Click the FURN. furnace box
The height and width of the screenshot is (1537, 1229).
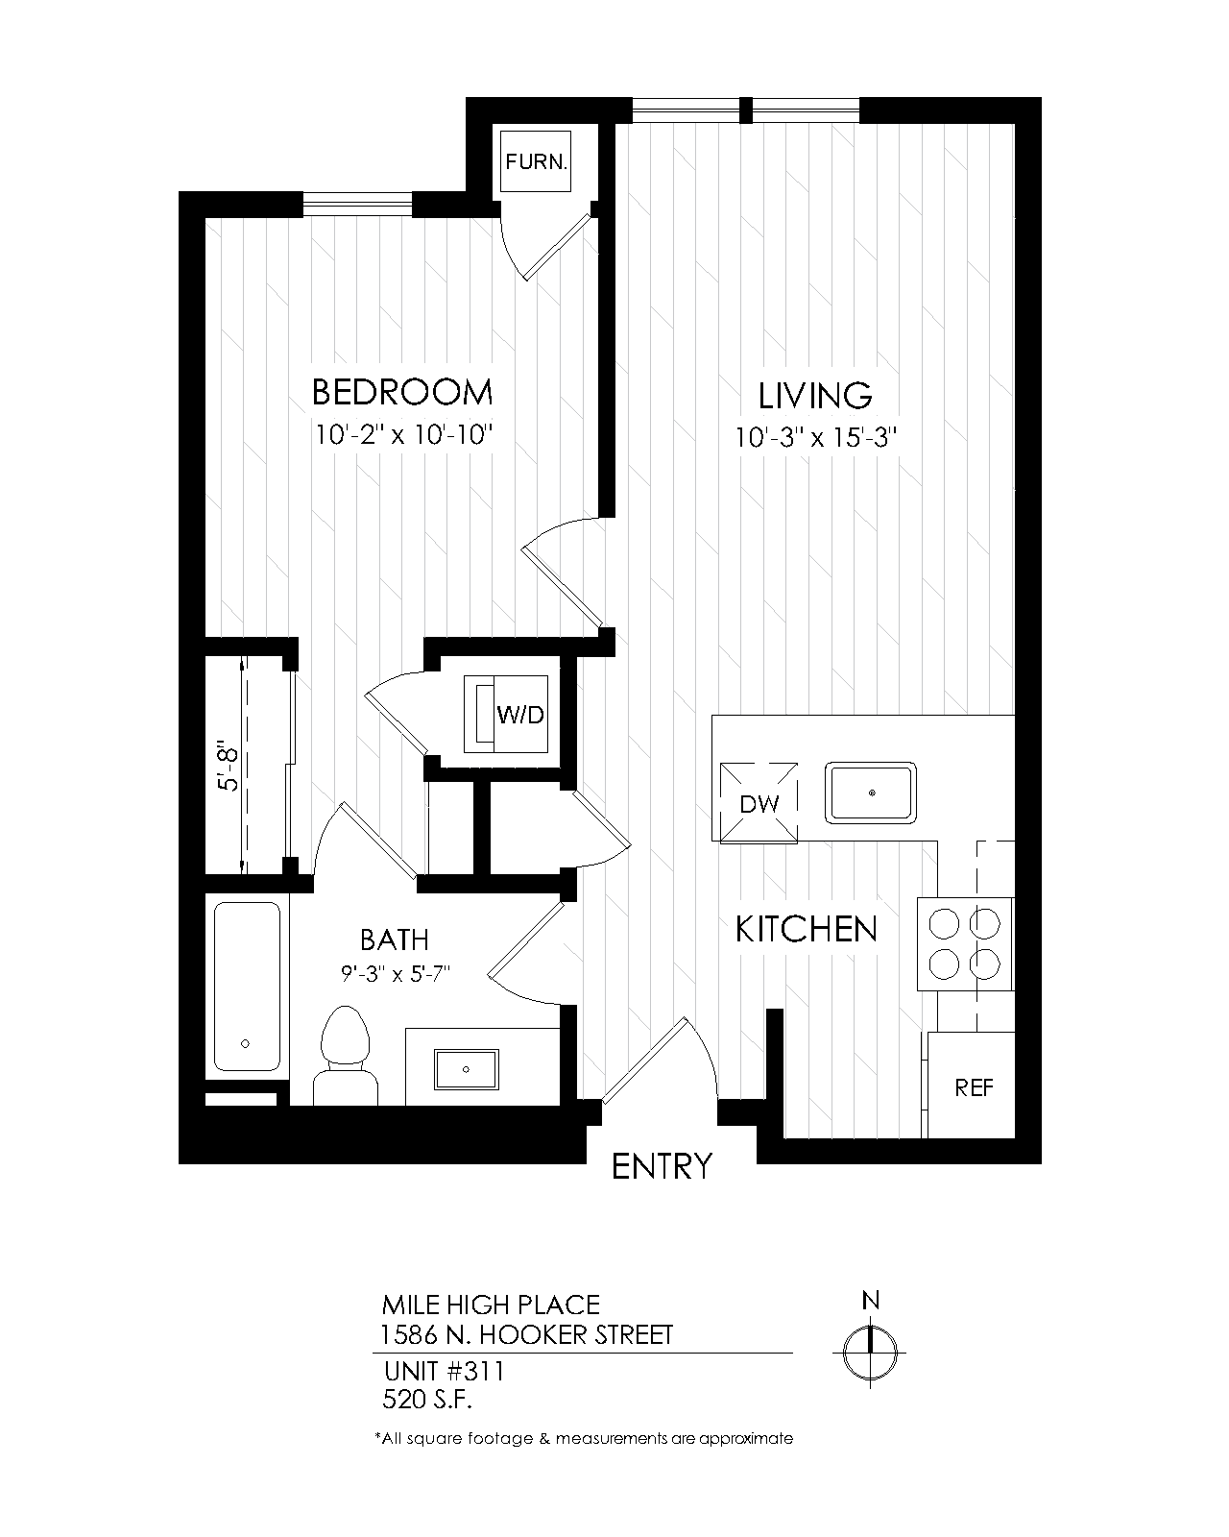535,161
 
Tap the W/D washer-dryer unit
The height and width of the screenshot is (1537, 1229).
506,714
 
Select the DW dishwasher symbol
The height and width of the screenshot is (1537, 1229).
759,803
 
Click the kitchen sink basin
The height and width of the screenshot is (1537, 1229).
871,793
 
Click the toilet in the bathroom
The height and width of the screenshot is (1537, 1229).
346,1056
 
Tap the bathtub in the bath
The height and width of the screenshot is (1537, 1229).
247,987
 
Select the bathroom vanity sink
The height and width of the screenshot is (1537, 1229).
467,1069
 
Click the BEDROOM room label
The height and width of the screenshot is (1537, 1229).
402,392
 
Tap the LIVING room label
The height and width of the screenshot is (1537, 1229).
815,396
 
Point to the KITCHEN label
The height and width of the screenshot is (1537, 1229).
807,929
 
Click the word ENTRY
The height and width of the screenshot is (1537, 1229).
662,1166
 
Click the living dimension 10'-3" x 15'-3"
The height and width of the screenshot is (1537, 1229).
815,437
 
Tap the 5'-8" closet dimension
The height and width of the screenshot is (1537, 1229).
229,765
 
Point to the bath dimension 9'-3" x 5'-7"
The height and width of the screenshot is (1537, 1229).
395,973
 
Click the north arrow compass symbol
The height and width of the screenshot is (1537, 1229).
870,1352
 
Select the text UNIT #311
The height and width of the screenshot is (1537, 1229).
444,1371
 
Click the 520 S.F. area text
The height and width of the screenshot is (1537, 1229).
427,1400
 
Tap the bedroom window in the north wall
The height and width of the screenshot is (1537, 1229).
358,205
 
